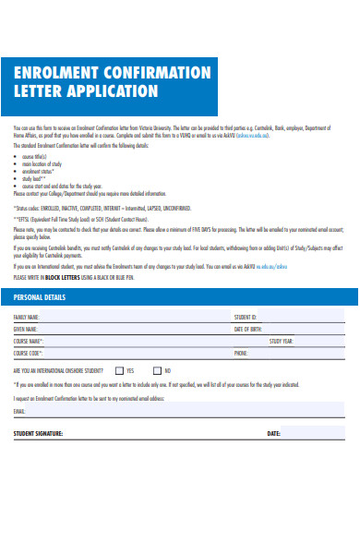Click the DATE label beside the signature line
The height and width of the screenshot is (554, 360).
coord(273,432)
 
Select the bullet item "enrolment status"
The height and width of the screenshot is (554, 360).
coord(38,170)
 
